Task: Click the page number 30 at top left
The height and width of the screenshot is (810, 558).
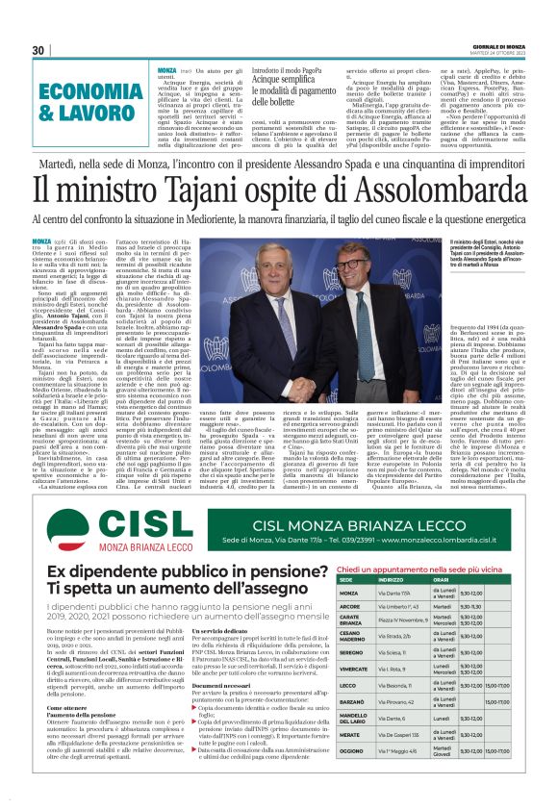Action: (38, 50)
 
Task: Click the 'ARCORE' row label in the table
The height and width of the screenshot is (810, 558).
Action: (350, 607)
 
